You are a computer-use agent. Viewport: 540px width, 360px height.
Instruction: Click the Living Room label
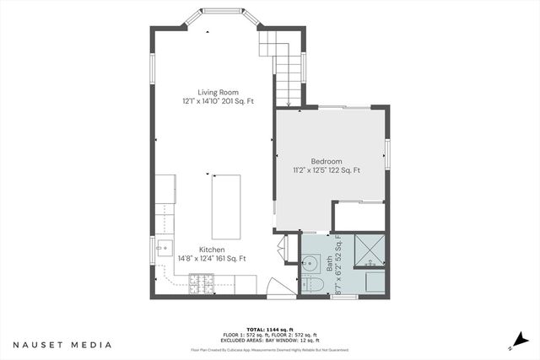tap(219, 92)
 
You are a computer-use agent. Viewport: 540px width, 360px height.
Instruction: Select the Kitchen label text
tap(211, 250)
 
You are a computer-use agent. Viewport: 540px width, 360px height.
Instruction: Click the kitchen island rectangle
tap(225, 206)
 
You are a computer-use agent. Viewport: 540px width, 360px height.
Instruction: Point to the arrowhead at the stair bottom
tap(289, 105)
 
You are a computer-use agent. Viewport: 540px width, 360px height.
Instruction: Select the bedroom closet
tap(359, 216)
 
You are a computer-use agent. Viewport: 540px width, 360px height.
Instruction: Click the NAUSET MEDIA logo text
tap(62, 344)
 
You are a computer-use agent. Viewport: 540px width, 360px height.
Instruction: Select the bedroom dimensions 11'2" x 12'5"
tap(314, 170)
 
